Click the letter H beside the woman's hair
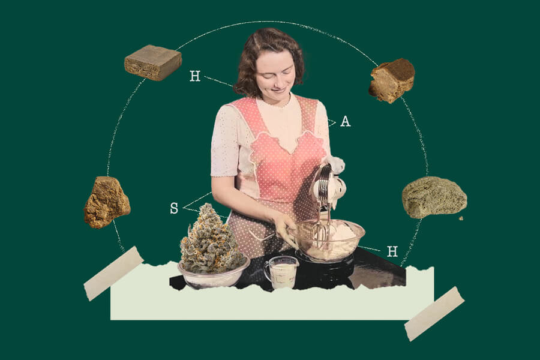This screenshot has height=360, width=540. pyautogui.click(x=195, y=76)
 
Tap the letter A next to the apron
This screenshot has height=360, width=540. pyautogui.click(x=346, y=121)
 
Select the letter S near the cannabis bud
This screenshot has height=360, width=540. pyautogui.click(x=174, y=208)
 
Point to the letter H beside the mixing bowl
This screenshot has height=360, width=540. pyautogui.click(x=392, y=251)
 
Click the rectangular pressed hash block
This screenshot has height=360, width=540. pyautogui.click(x=153, y=62)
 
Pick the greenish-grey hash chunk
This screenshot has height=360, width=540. pyautogui.click(x=434, y=197)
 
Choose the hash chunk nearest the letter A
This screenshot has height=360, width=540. pyautogui.click(x=392, y=80)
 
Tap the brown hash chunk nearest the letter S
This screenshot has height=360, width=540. pyautogui.click(x=107, y=202)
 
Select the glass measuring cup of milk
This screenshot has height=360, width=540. pyautogui.click(x=281, y=272)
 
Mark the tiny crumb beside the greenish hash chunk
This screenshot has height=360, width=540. pyautogui.click(x=461, y=218)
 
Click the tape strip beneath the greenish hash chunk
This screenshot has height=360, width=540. pyautogui.click(x=434, y=314)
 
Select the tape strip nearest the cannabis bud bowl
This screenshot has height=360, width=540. pyautogui.click(x=113, y=273)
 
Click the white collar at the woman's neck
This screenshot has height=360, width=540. pyautogui.click(x=275, y=103)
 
